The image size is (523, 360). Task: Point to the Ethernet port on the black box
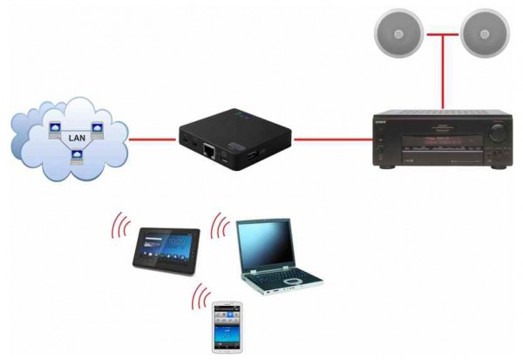[211, 149]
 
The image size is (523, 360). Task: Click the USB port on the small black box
[248, 154]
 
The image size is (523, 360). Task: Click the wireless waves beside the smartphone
[201, 297]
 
